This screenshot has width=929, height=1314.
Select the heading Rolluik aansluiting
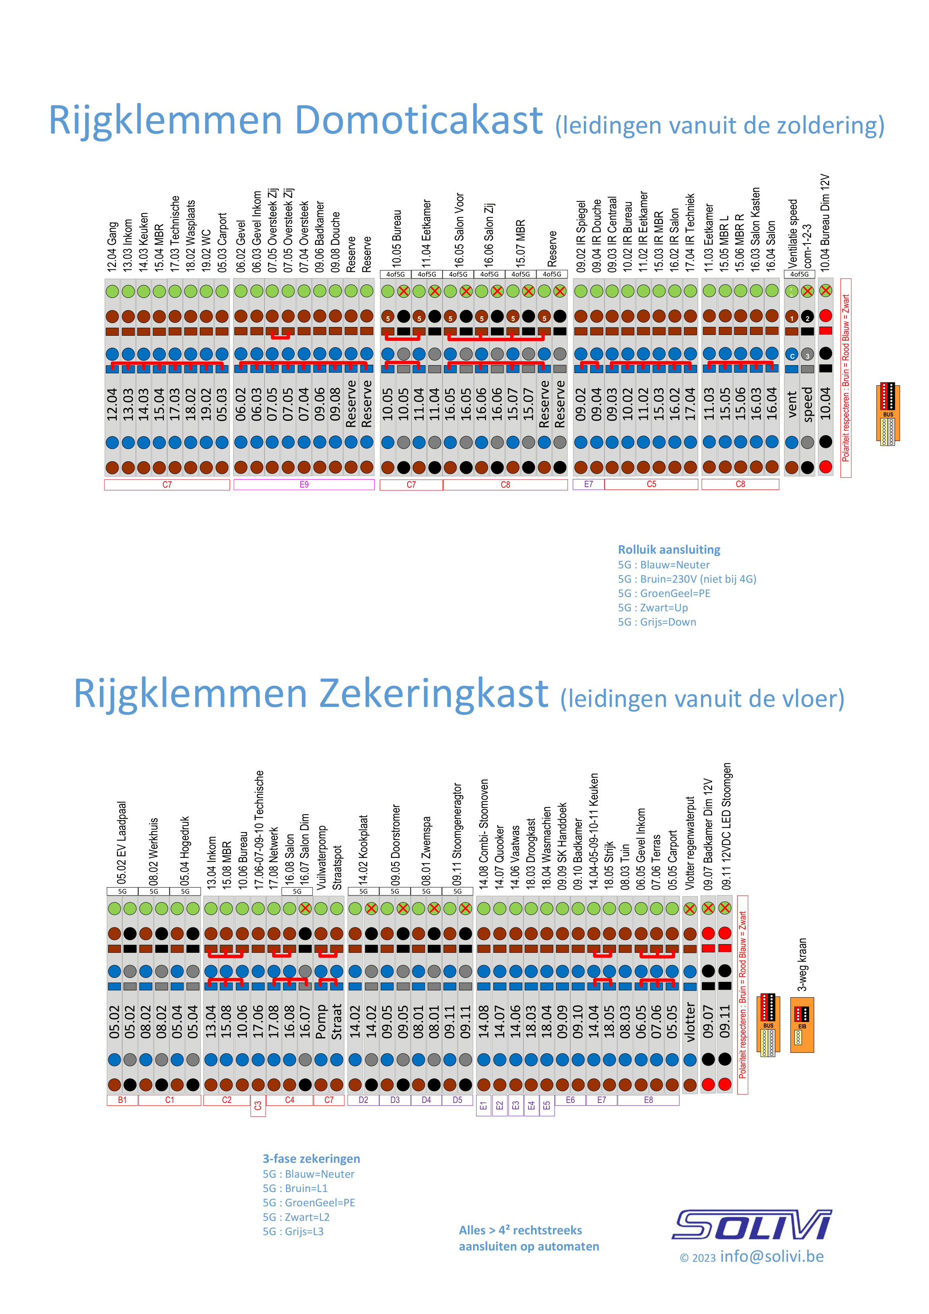pyautogui.click(x=669, y=550)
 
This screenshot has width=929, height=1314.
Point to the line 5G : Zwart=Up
pyautogui.click(x=653, y=608)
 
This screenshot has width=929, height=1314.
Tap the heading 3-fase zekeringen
pyautogui.click(x=311, y=1159)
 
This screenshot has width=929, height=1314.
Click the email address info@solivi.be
pyautogui.click(x=772, y=1256)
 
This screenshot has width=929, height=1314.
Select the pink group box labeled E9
pyautogui.click(x=304, y=485)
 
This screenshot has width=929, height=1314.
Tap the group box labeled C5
pyautogui.click(x=651, y=484)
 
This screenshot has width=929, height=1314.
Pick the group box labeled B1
pyautogui.click(x=122, y=1100)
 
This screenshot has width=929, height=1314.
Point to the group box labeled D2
pyautogui.click(x=363, y=1100)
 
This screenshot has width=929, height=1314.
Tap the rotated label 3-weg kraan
pyautogui.click(x=803, y=964)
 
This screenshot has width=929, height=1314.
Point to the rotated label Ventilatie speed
pyautogui.click(x=792, y=234)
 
